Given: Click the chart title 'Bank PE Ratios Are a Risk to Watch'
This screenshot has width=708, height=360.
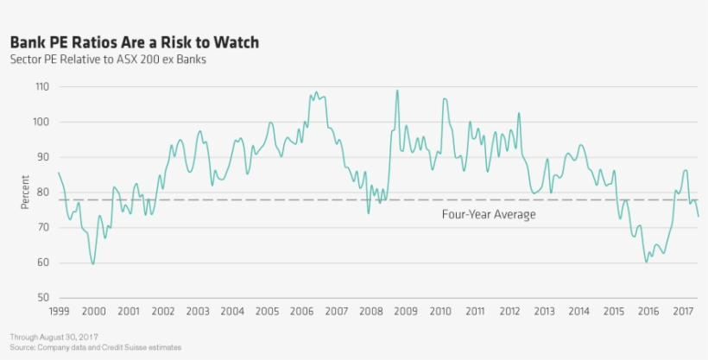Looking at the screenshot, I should point(134,41).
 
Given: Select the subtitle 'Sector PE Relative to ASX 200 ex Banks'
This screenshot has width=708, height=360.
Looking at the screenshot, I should point(108,60).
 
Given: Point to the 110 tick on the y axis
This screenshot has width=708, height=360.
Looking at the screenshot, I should point(41,87).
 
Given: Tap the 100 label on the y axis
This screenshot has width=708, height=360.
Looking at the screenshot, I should point(41,123).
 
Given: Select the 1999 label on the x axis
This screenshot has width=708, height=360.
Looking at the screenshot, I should point(59,311).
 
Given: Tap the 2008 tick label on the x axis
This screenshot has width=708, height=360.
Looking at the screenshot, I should point(371,311).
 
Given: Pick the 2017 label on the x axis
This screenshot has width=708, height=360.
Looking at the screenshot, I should point(683,311).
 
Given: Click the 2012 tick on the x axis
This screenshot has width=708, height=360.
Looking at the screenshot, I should point(509,311).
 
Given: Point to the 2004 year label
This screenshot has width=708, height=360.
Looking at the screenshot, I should point(232,311).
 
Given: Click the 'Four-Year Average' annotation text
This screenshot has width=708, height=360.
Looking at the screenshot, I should point(489,214).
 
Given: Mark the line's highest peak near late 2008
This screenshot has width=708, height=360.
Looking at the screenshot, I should point(397,90).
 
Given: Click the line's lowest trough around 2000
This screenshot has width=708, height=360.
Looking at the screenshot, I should point(93,263).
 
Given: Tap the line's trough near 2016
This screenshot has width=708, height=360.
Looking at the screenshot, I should point(647,262).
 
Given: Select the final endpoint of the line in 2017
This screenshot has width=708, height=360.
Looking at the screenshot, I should point(699,217).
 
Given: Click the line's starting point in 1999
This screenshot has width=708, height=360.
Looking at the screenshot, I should point(59,174).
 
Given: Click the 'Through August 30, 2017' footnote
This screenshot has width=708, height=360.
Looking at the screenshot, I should point(54,337).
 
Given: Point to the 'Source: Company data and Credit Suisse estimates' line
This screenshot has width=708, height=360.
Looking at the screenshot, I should point(96,346).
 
